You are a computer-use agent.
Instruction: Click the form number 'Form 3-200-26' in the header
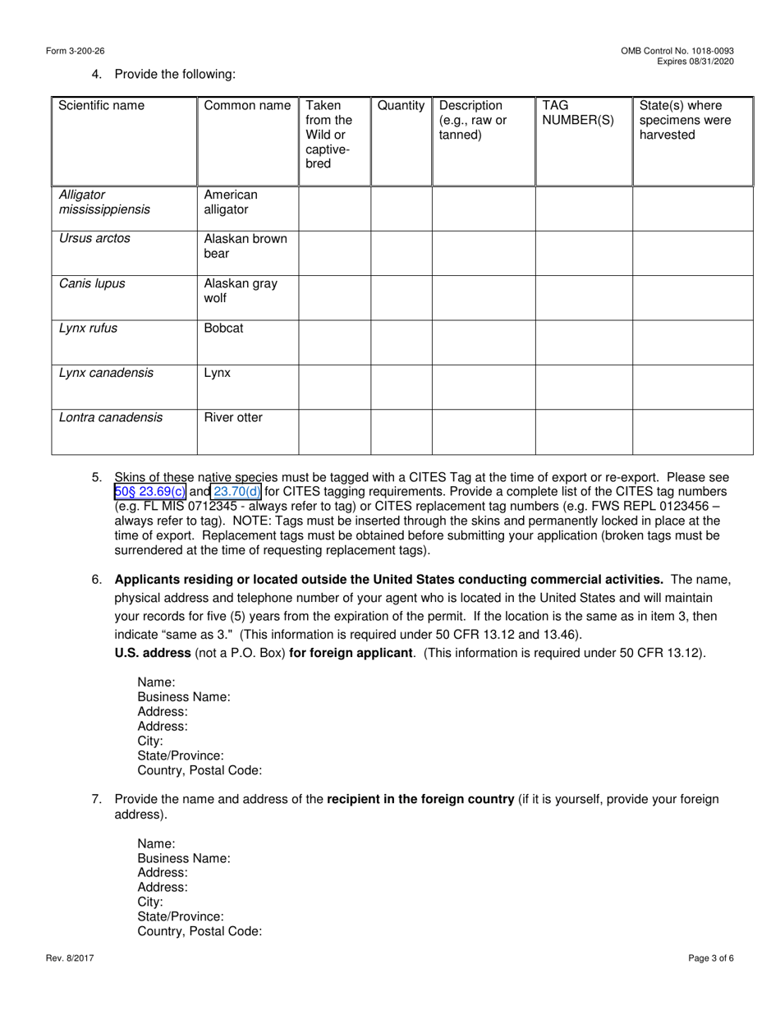point(76,51)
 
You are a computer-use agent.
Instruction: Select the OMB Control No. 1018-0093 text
point(677,51)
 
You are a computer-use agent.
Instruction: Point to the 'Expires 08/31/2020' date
point(695,62)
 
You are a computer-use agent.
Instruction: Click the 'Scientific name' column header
point(101,105)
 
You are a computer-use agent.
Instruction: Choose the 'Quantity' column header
point(401,105)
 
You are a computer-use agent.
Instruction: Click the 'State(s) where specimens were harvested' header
point(681,120)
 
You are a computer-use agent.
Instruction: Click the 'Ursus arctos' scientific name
point(94,238)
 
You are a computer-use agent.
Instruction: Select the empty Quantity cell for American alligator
point(401,209)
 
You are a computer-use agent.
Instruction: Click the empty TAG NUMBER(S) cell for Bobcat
point(584,342)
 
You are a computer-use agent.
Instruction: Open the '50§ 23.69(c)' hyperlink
point(150,492)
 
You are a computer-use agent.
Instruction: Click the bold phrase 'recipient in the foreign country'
point(420,799)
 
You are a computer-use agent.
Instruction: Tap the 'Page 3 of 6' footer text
point(710,957)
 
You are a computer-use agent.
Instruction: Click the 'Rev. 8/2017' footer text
point(70,957)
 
